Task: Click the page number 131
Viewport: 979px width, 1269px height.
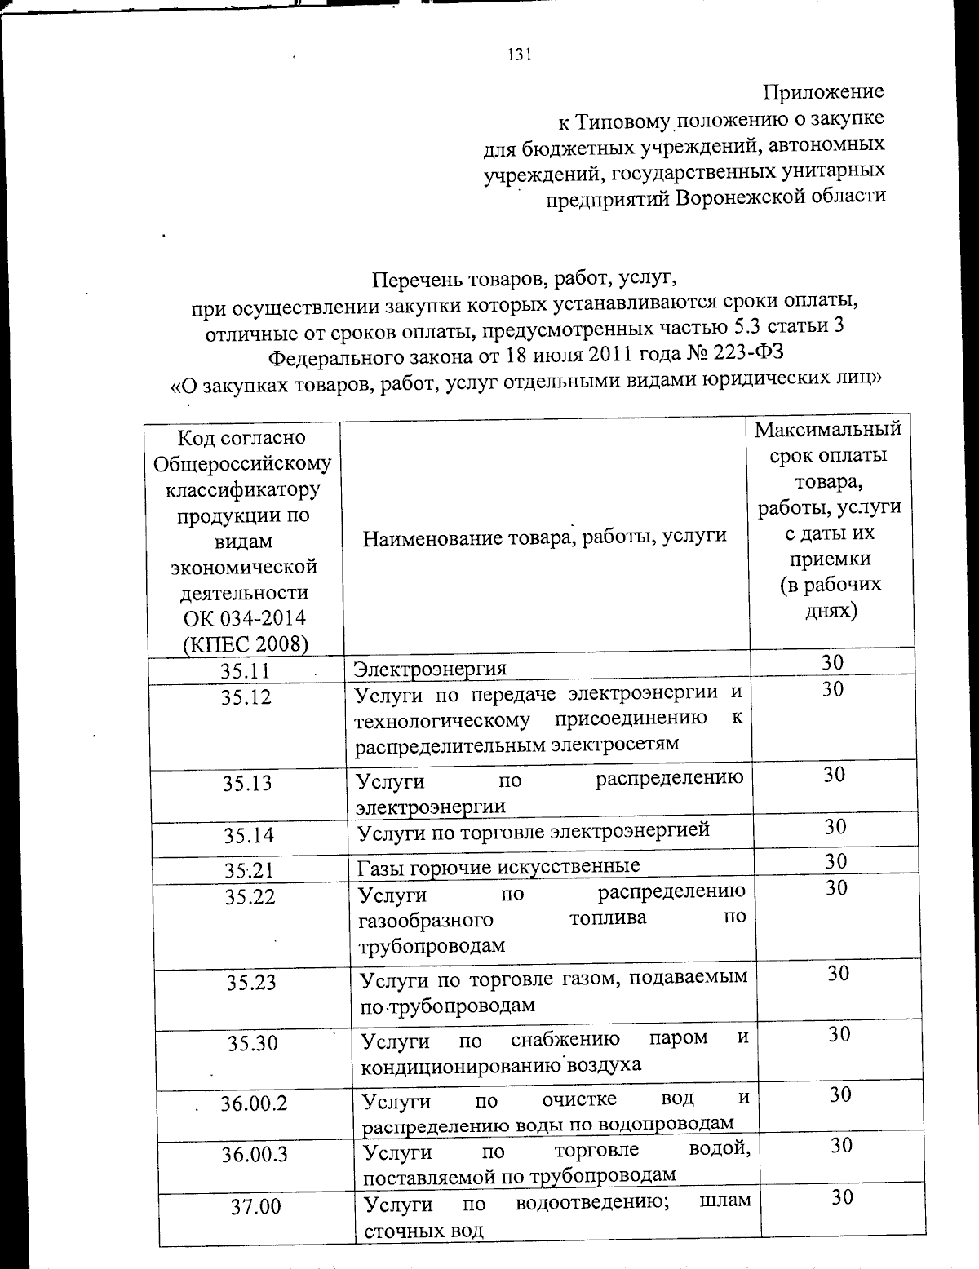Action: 519,55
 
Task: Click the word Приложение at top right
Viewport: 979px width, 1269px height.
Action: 823,91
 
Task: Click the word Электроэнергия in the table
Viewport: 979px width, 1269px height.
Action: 430,669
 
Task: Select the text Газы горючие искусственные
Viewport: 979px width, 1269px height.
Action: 499,864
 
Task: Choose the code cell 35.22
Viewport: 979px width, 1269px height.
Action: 250,896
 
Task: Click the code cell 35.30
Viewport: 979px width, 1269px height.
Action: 252,1043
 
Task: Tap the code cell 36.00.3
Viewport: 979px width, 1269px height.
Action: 254,1154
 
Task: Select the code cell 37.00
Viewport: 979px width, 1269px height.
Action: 255,1206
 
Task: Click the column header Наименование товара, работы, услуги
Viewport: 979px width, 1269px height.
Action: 544,536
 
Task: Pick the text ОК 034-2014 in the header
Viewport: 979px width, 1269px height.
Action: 243,617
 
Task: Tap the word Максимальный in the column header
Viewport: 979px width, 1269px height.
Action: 828,429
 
